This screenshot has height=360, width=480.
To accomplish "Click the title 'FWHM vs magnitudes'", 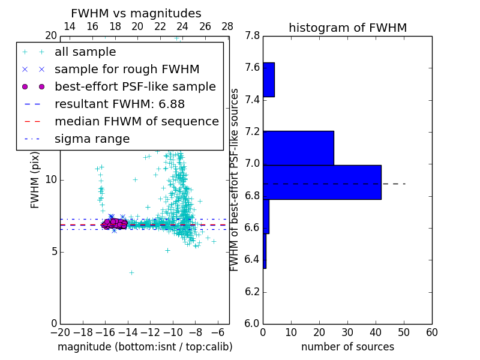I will [x=136, y=14].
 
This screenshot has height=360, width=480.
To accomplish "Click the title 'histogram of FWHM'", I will [x=347, y=28].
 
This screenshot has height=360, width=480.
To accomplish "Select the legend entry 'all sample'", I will [x=85, y=52].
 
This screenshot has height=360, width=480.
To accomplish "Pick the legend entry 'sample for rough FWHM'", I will [x=127, y=70].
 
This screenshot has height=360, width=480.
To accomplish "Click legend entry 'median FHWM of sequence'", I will [x=136, y=122].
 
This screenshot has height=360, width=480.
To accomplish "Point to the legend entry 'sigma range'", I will [x=92, y=139].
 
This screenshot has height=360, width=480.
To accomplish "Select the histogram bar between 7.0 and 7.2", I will [x=298, y=148].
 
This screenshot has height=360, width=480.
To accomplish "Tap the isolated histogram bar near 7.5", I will [x=268, y=80].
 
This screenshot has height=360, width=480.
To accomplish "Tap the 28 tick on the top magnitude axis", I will [x=227, y=26].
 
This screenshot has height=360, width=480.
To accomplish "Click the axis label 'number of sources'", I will [x=347, y=347].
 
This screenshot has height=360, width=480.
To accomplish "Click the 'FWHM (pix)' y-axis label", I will [x=35, y=179].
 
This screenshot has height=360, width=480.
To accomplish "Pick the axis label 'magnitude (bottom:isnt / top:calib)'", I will [x=145, y=347].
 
